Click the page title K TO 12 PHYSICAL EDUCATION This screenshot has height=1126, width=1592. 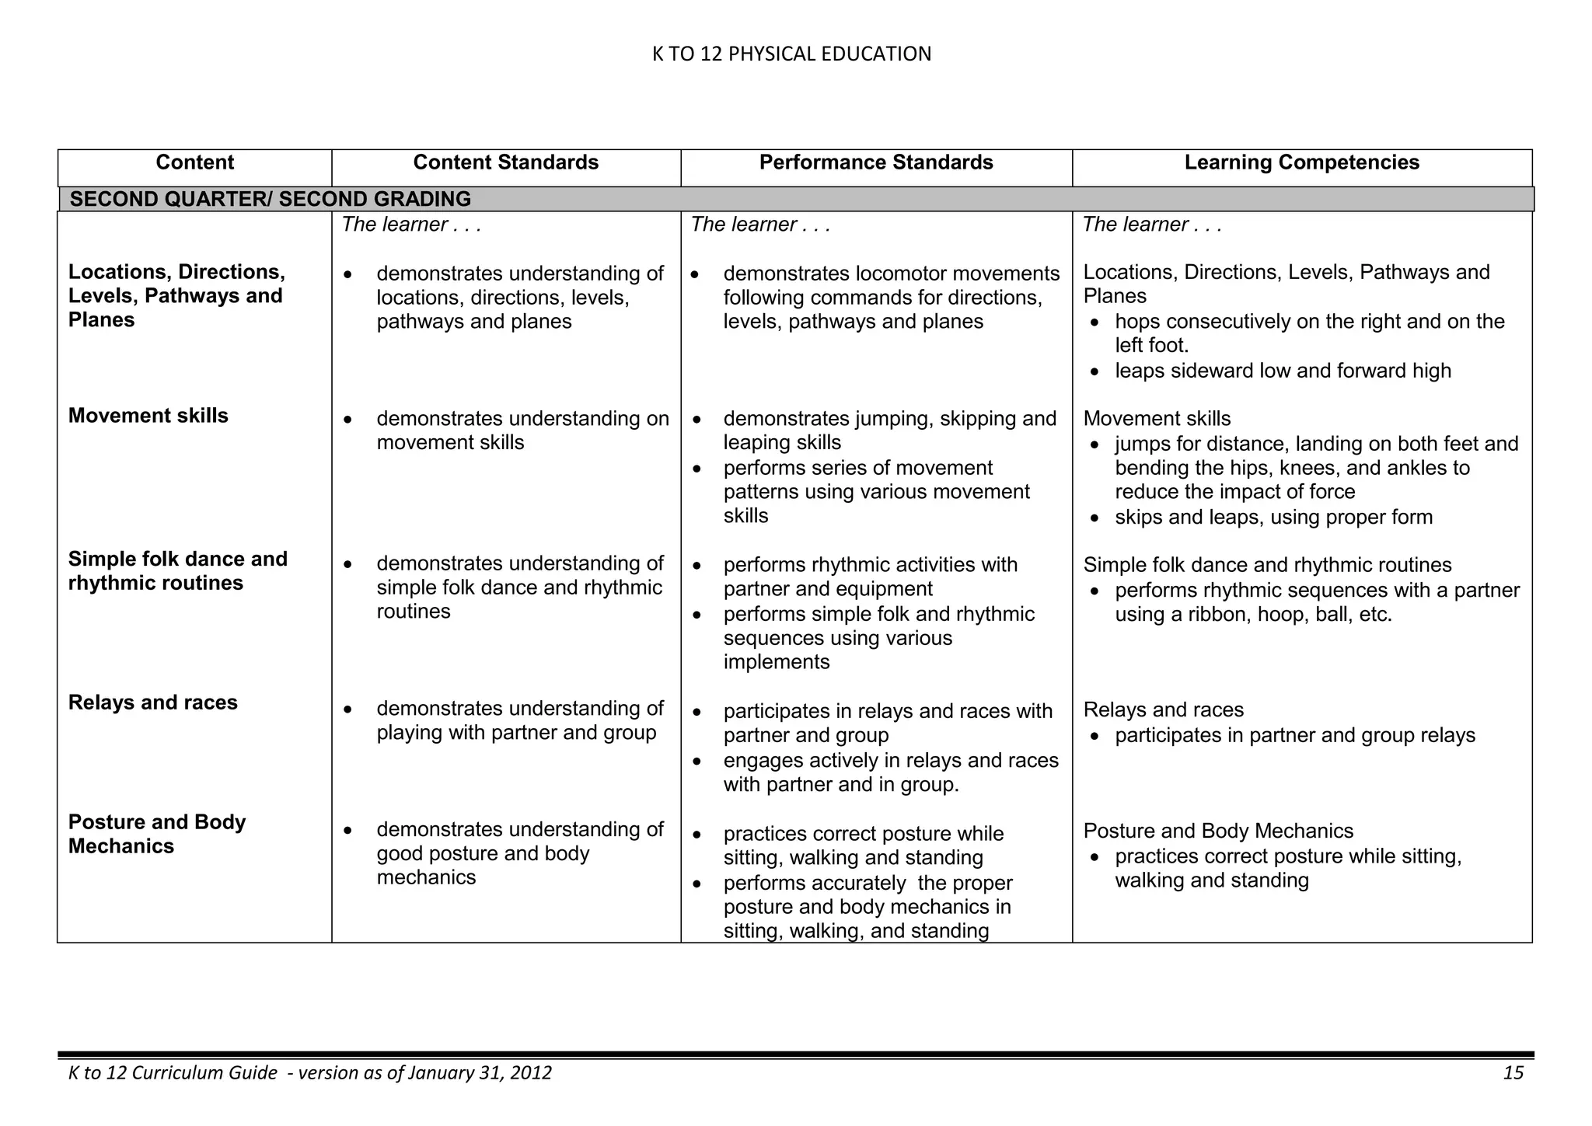coord(791,54)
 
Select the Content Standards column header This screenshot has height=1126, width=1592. coord(505,162)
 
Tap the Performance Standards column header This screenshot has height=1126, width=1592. coord(876,162)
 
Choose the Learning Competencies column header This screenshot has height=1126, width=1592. coord(1301,162)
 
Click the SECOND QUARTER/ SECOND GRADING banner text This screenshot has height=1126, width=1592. coord(271,199)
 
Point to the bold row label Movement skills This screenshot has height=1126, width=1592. coord(148,416)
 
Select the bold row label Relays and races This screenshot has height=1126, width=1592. coord(152,702)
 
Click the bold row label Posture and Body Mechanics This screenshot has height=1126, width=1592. coord(156,834)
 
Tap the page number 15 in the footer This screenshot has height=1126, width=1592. coord(1513,1073)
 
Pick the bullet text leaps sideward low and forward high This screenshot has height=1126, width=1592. coord(1283,371)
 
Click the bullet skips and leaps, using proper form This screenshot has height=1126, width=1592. coord(1273,518)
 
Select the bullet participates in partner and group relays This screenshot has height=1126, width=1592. coord(1294,735)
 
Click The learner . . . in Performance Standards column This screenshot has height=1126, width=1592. coord(760,225)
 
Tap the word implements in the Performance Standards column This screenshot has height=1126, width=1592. coord(776,662)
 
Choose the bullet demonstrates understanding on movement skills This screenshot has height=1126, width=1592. coord(522,431)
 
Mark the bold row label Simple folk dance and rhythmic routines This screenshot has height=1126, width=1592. coord(177,571)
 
